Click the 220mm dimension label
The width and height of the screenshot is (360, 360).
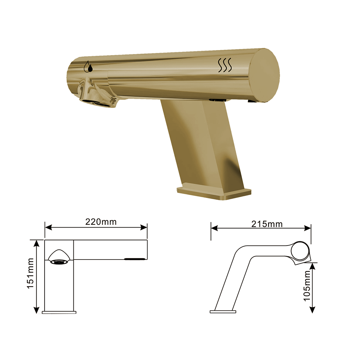[x=101, y=222]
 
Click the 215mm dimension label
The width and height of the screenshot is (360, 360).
[x=267, y=224]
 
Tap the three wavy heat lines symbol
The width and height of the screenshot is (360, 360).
[x=225, y=65]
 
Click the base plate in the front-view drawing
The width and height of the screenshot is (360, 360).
[x=59, y=312]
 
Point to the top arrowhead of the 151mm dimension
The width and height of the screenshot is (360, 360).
[x=36, y=243]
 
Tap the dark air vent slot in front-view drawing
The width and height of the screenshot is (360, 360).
[x=135, y=258]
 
